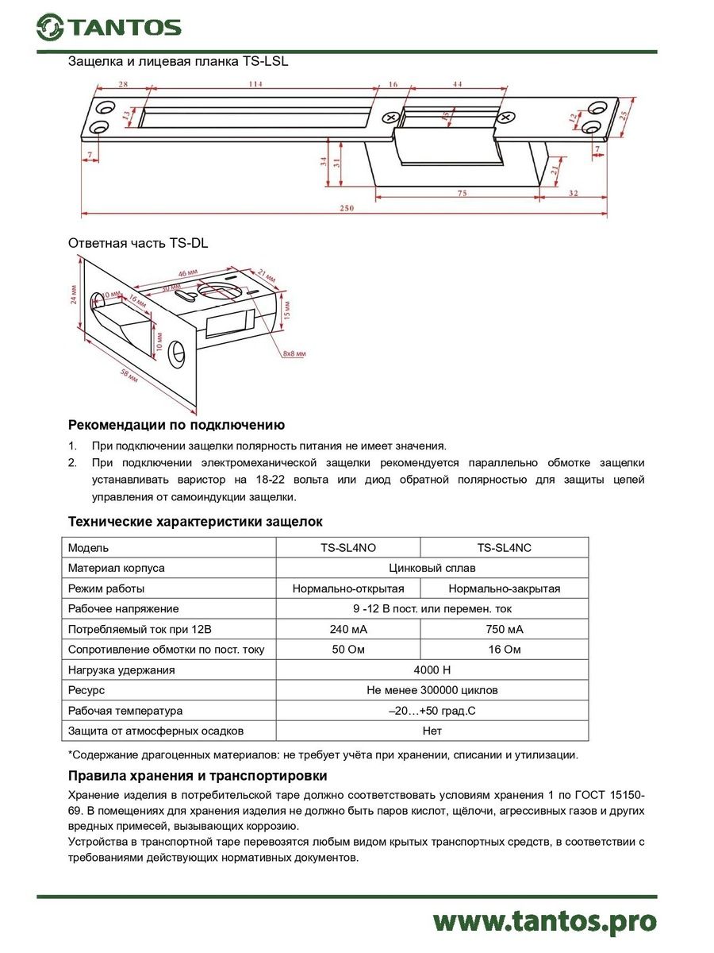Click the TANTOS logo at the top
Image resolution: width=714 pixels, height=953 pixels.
(x=109, y=27)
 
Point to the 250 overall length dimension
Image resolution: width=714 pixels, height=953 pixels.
(x=347, y=208)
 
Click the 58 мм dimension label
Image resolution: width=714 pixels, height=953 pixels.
(x=126, y=375)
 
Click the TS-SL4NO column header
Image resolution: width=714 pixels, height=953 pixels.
(x=347, y=548)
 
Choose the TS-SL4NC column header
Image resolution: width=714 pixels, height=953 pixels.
(x=504, y=548)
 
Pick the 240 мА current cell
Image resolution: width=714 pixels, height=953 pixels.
(x=347, y=629)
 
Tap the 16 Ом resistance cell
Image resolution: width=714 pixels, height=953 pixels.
(x=504, y=650)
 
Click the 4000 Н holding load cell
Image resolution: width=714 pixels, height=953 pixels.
(x=432, y=670)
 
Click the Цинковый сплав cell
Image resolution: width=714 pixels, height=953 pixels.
(x=432, y=569)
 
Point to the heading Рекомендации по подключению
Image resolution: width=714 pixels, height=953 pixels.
(x=176, y=426)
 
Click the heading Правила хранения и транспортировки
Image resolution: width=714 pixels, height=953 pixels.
(x=198, y=776)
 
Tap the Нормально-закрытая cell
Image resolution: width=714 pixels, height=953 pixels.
(x=504, y=588)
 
